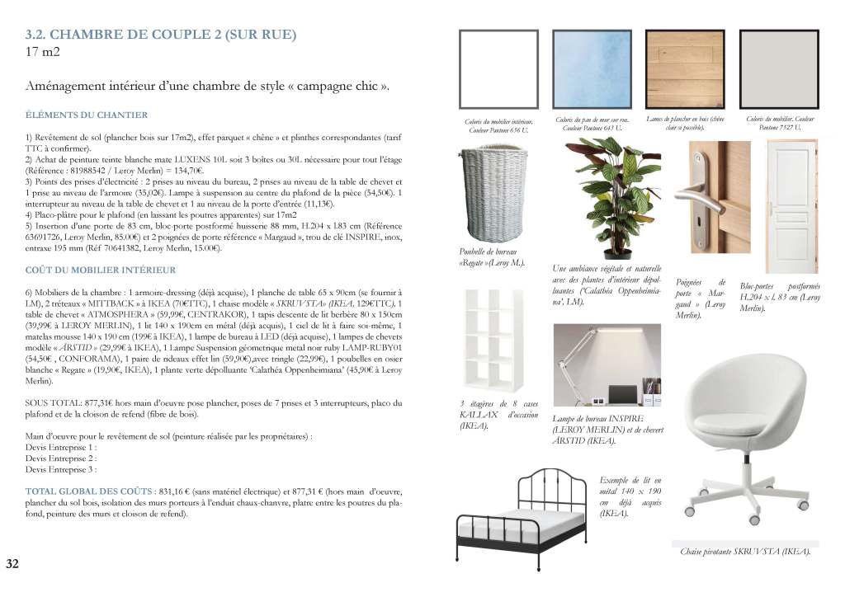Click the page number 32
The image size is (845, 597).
coord(12,564)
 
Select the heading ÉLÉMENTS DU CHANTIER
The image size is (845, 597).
coord(87,115)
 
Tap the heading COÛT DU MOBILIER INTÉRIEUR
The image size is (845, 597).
coord(100,270)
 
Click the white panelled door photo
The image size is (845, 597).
coord(791,206)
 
